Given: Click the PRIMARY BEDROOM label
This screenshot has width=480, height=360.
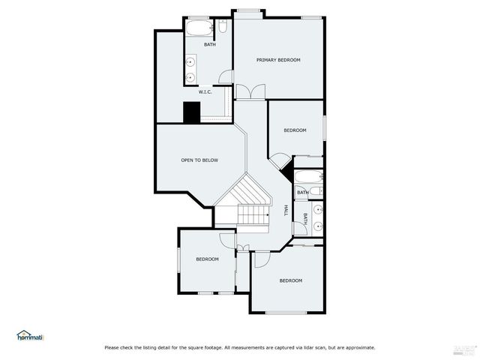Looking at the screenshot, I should [x=278, y=60].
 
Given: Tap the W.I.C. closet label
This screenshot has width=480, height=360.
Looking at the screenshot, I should [x=205, y=91].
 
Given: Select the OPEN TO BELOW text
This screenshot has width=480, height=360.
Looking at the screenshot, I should [x=199, y=160].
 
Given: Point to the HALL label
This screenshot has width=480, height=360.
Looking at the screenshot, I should [x=286, y=211].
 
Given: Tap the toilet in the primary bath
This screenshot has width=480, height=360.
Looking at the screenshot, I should [x=223, y=28].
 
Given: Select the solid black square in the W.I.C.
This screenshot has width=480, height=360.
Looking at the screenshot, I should [x=192, y=112].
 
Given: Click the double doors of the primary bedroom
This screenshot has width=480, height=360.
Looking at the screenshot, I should [x=250, y=91].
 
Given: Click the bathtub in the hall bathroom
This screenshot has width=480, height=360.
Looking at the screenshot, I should [x=308, y=177].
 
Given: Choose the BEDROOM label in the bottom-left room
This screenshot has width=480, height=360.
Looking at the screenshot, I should [x=207, y=259].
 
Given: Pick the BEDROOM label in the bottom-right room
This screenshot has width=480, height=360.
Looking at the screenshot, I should [x=290, y=280].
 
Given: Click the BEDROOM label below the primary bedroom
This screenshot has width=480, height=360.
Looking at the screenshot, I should [x=295, y=130].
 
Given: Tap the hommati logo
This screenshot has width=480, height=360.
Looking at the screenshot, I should [x=30, y=336].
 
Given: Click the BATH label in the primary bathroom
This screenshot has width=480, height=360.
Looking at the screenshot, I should [x=210, y=44].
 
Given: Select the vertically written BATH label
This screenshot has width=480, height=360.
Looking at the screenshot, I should [x=305, y=219].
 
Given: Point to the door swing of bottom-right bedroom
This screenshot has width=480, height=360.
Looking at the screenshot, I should [x=260, y=259].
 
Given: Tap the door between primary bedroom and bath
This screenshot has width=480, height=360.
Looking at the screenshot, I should [x=225, y=76].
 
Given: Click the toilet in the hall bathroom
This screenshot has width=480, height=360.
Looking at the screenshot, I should [x=316, y=192].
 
